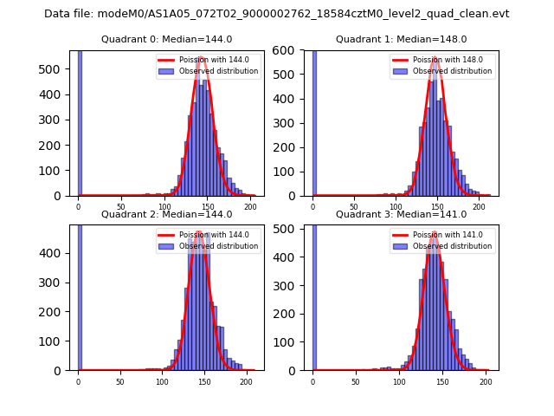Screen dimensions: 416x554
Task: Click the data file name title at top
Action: (x=277, y=14)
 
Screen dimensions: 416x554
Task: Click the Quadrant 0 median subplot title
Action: (x=166, y=39)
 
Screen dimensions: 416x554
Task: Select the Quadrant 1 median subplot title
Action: (x=401, y=39)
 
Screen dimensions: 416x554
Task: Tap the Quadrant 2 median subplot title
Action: (x=166, y=214)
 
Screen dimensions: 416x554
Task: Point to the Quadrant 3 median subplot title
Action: (x=401, y=214)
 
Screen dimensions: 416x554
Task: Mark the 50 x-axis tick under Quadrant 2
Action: (x=119, y=381)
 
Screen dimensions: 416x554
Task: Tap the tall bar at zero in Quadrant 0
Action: (x=80, y=121)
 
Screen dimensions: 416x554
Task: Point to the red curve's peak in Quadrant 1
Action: (x=434, y=60)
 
